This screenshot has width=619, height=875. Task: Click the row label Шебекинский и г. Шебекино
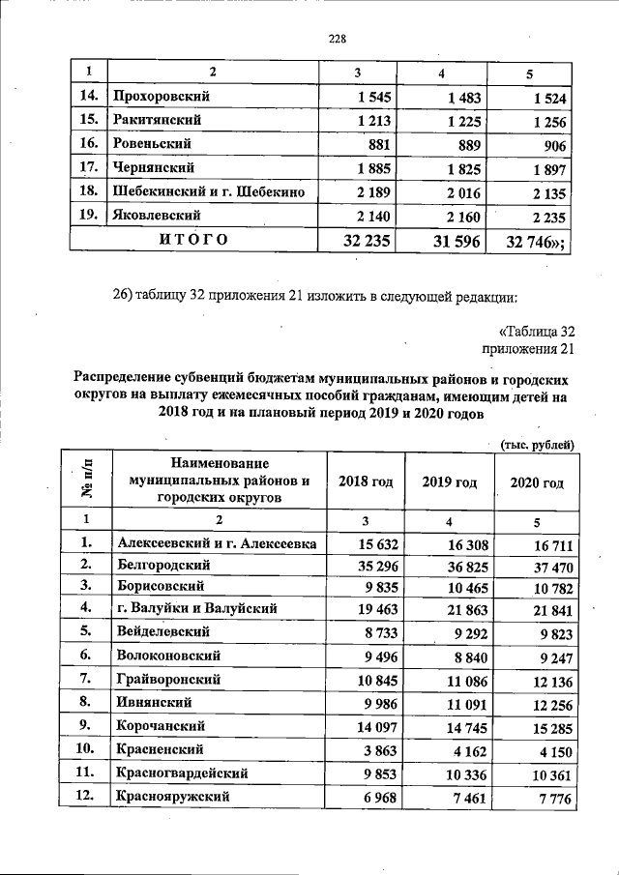[209, 192]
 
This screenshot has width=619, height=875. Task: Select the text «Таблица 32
[537, 332]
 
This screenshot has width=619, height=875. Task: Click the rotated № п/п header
[87, 481]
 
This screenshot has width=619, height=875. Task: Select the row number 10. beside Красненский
[87, 749]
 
